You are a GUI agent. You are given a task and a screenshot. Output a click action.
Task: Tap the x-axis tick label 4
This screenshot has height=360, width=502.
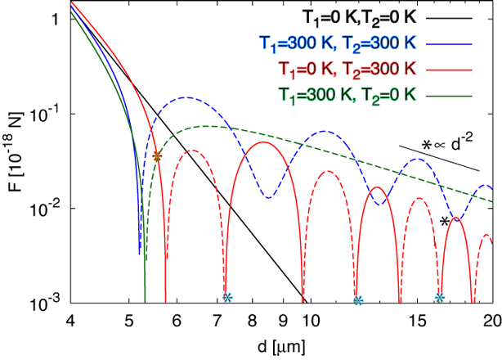tap(71, 320)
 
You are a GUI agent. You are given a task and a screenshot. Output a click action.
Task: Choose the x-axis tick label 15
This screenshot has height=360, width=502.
tap(418, 320)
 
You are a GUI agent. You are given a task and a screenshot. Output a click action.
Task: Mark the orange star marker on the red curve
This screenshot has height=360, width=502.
tap(158, 155)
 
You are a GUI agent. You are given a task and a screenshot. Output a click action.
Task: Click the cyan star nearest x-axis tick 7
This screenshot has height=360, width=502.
tap(228, 297)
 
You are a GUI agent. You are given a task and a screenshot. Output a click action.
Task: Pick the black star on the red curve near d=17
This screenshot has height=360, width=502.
tap(445, 221)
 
